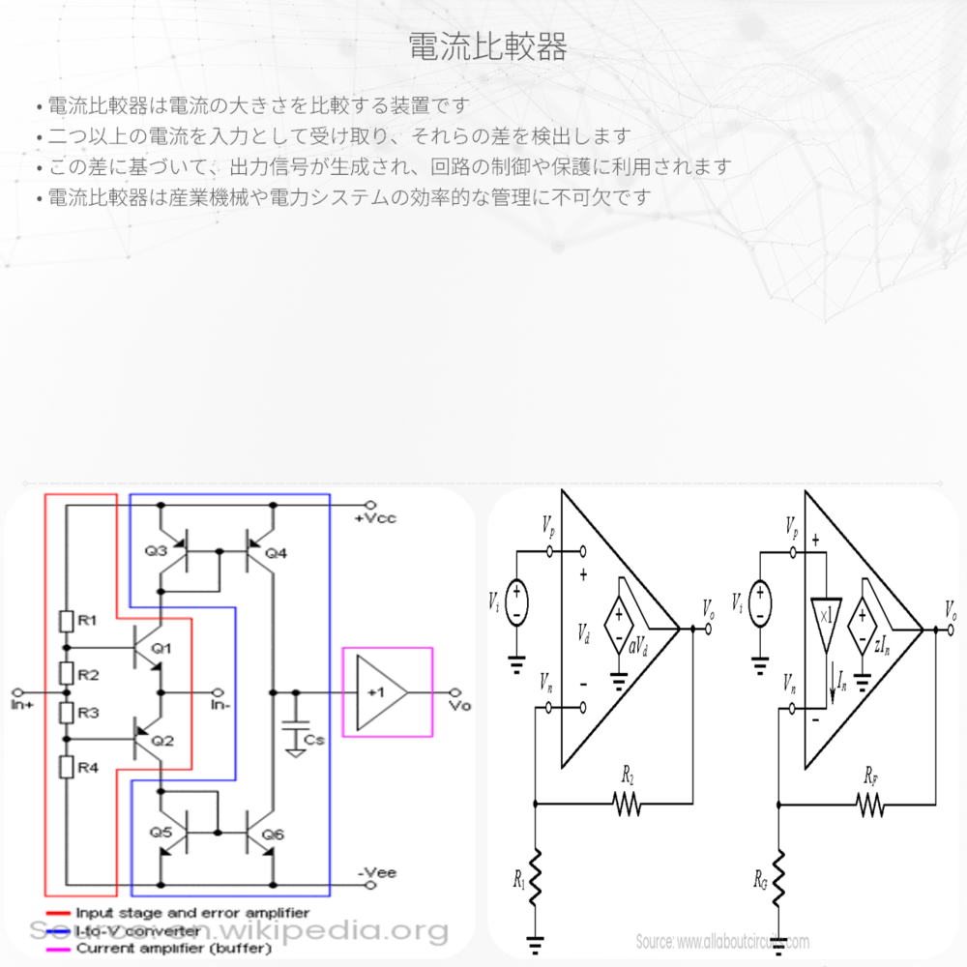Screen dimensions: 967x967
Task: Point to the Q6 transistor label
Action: [274, 834]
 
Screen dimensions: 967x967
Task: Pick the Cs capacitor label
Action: [314, 740]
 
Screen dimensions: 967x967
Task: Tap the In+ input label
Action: [22, 705]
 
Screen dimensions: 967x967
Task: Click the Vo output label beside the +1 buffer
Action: [459, 706]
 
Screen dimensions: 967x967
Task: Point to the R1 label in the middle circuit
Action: [520, 882]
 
